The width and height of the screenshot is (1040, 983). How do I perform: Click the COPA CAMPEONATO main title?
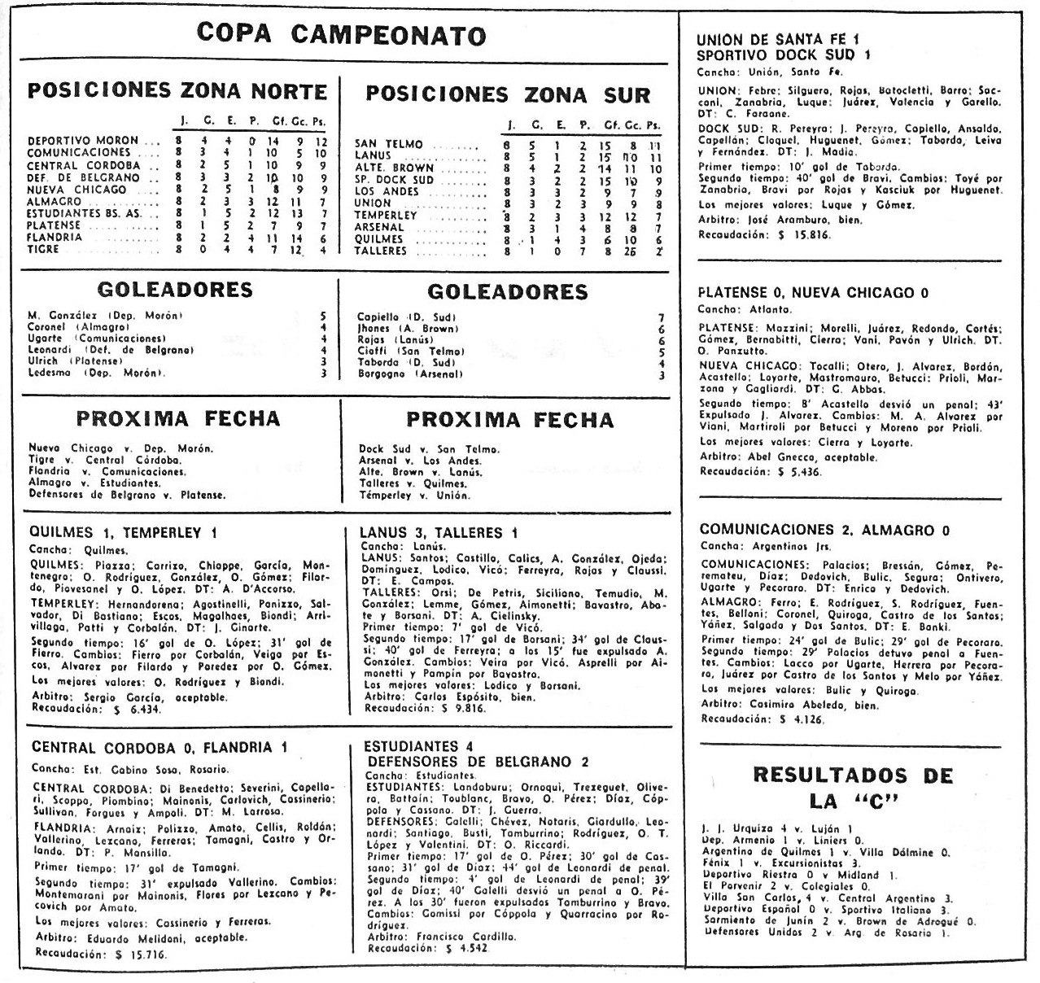tap(341, 34)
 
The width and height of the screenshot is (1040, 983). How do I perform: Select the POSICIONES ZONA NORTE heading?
tap(177, 91)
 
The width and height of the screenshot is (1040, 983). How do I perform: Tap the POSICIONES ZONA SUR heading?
tap(508, 94)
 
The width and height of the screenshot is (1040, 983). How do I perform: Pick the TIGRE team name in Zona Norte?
tap(43, 250)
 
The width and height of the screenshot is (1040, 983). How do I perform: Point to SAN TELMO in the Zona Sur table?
tap(388, 144)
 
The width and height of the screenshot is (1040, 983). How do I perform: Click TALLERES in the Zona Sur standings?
tap(380, 251)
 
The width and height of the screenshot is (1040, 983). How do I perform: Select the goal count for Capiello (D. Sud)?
tap(662, 317)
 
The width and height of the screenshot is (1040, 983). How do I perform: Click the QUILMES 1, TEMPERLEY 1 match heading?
tap(123, 533)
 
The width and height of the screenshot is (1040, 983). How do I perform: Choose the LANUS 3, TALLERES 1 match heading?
tap(439, 533)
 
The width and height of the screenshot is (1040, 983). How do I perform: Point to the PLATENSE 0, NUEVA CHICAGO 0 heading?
tap(814, 293)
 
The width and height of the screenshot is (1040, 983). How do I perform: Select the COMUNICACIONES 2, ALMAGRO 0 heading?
tap(824, 530)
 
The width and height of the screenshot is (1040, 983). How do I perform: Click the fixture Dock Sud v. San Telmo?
tap(429, 449)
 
